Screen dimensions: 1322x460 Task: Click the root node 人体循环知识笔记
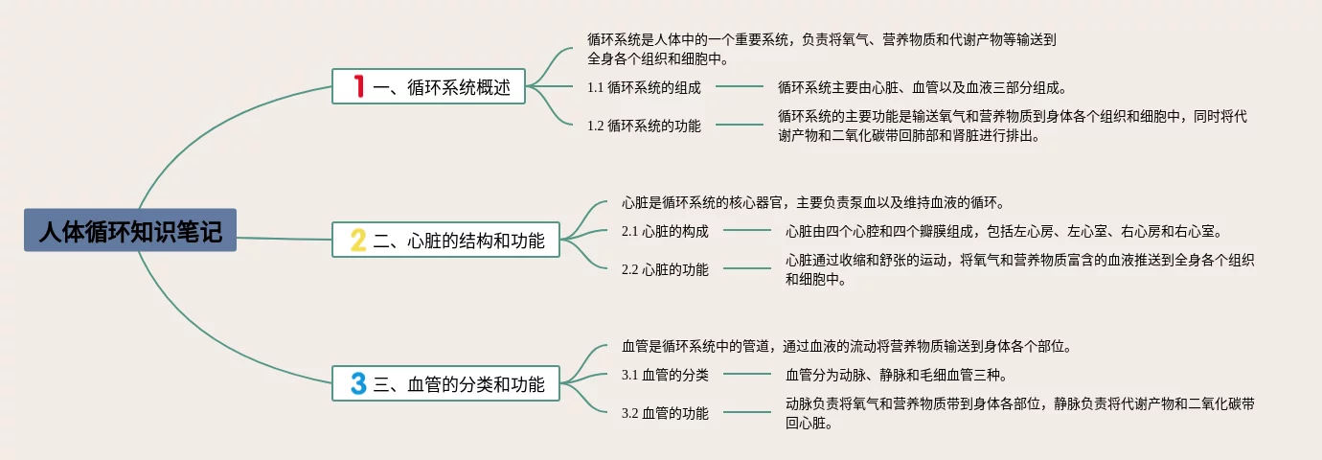(129, 233)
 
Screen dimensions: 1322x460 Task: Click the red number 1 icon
(358, 87)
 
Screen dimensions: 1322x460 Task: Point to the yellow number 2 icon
(358, 241)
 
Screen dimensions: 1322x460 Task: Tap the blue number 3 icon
(358, 384)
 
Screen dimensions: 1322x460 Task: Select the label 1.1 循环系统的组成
(644, 87)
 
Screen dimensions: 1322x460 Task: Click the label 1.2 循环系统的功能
(644, 126)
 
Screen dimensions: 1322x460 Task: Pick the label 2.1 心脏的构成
(665, 231)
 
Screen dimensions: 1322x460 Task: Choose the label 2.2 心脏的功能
(665, 269)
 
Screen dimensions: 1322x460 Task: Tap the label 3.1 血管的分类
(665, 375)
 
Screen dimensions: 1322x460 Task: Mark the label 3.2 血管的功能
(665, 413)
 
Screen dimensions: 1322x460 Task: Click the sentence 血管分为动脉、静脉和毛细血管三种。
(896, 375)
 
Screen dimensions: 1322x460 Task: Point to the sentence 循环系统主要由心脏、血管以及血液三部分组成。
(922, 87)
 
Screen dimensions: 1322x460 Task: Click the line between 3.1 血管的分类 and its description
(747, 375)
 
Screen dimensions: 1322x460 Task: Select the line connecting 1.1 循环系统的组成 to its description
(740, 87)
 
